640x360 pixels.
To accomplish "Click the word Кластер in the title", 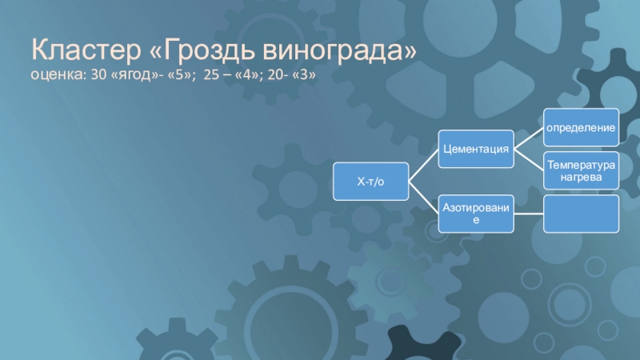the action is [x=86, y=50].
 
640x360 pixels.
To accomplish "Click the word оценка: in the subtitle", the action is [x=58, y=75].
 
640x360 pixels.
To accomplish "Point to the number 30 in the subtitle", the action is [x=98, y=74].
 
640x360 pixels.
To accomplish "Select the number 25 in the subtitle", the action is [x=211, y=74].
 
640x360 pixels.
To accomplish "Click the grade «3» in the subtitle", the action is [x=304, y=74].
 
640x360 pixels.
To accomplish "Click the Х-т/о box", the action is [x=370, y=182].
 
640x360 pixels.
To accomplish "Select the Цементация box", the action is [x=476, y=149].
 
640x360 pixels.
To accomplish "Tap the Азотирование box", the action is [x=476, y=214].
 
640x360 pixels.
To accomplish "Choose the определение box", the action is [x=582, y=127].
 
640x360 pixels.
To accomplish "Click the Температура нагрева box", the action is [x=582, y=170].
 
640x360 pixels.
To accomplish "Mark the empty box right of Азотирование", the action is [x=582, y=214].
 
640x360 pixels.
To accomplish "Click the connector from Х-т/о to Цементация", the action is [x=423, y=166].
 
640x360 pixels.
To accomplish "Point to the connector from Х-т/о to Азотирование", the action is [x=423, y=198].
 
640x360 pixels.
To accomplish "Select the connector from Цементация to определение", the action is [x=529, y=138].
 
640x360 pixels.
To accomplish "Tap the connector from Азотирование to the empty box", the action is [x=529, y=214].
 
